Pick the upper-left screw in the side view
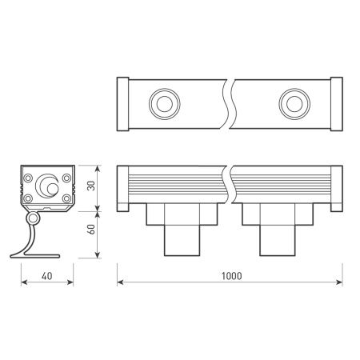click(27, 175)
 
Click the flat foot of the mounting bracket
click(36, 255)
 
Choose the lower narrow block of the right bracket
click(276, 239)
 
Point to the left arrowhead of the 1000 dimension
click(121, 282)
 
